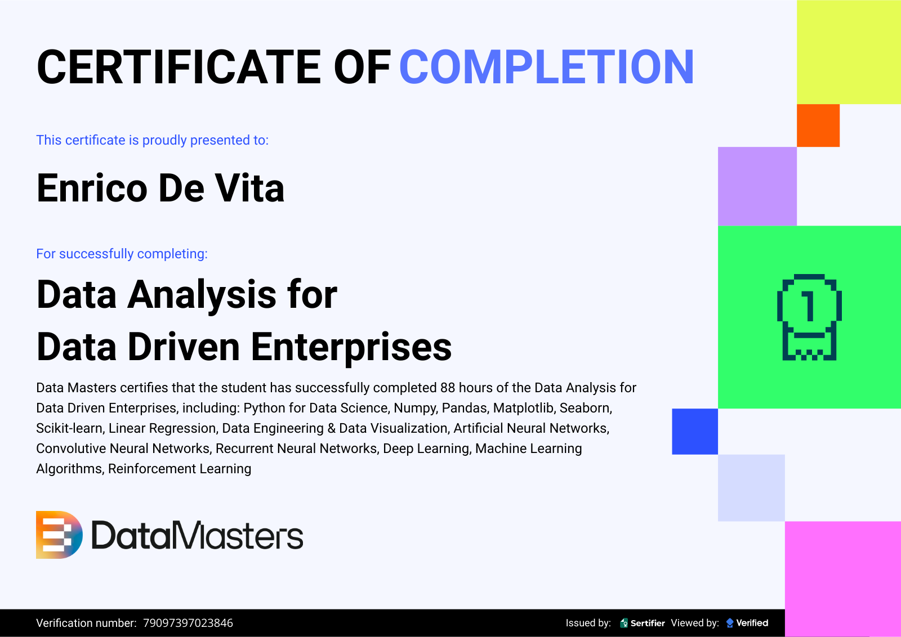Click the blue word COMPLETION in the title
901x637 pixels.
(547, 67)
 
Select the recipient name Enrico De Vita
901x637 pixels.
(160, 188)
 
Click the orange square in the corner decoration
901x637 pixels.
(818, 125)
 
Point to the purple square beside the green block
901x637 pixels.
(757, 186)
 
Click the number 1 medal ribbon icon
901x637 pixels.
(809, 317)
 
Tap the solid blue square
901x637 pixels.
(695, 432)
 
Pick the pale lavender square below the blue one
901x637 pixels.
(751, 488)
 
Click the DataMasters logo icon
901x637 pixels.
(59, 535)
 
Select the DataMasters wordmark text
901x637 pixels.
(197, 535)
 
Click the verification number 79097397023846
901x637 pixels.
(188, 623)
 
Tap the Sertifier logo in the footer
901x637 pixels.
(643, 623)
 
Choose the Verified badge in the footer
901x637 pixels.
(747, 623)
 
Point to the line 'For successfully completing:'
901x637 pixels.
(122, 254)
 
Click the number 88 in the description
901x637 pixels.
(448, 388)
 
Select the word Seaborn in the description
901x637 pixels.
(586, 408)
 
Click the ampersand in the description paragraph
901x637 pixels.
(332, 428)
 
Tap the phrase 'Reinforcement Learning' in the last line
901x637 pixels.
(180, 469)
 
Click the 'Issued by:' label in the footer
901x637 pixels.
(588, 623)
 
